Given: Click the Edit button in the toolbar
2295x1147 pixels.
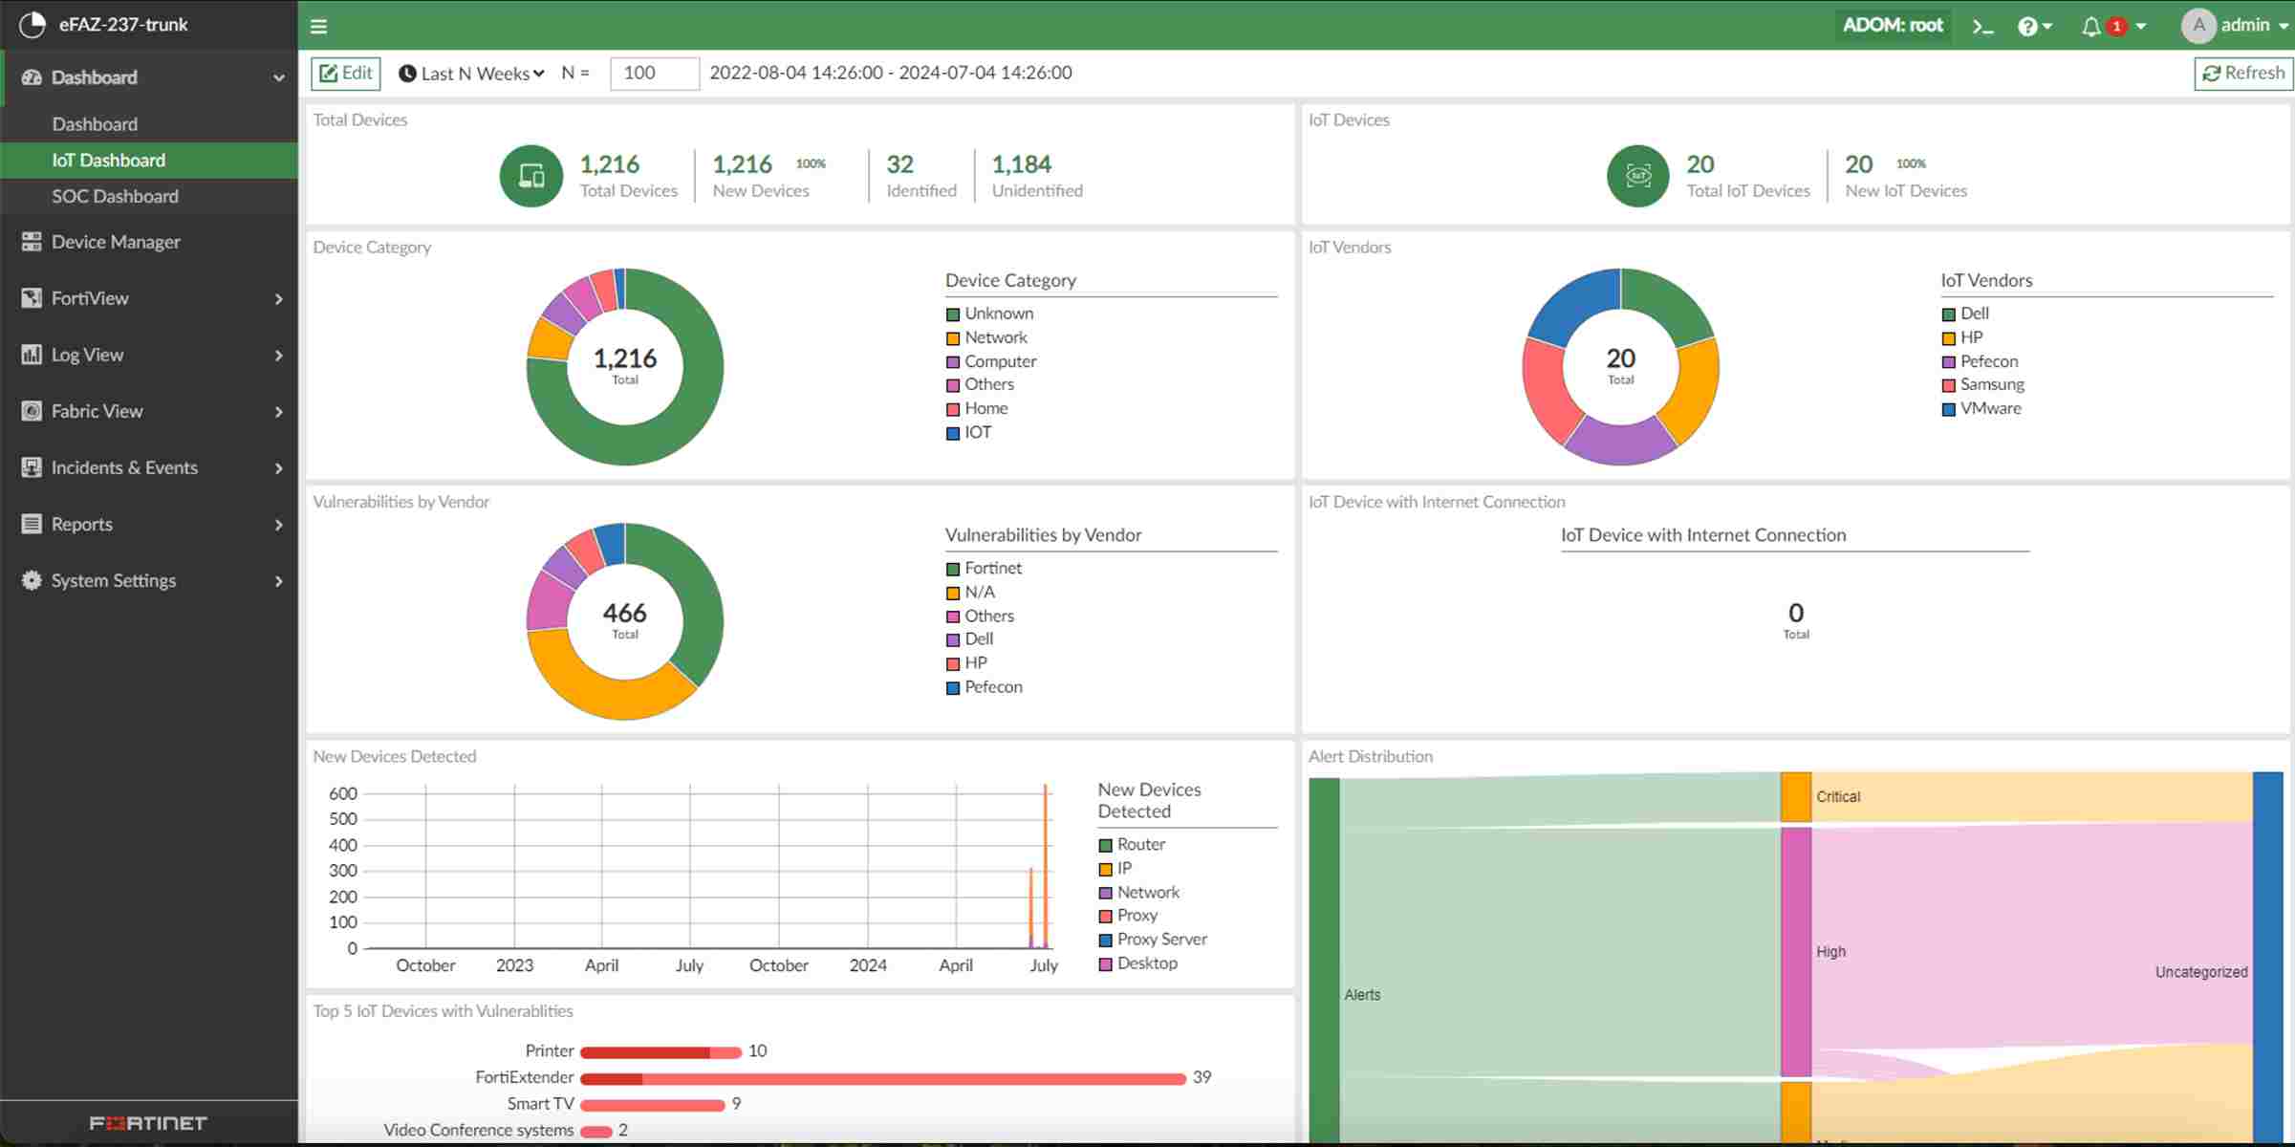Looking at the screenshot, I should click(346, 74).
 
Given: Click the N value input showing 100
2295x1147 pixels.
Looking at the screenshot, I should click(655, 74).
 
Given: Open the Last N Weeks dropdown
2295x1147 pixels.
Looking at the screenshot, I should click(473, 74).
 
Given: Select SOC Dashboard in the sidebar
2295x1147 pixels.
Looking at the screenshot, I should click(115, 196).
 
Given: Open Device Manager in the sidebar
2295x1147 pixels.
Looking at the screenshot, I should click(116, 242).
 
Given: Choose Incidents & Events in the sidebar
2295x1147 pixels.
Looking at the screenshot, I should click(124, 467).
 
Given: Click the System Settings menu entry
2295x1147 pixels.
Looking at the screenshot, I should click(114, 580).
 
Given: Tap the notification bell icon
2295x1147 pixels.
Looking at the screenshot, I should click(2090, 27).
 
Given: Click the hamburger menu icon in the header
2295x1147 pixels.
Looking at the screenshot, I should click(319, 27).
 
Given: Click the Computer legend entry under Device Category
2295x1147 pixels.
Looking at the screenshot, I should click(1000, 361).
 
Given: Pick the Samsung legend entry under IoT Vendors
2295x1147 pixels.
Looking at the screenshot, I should click(1992, 384).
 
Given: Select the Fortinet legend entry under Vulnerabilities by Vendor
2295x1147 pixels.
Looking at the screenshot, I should click(993, 568).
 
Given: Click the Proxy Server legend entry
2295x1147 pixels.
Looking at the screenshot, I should click(1161, 940).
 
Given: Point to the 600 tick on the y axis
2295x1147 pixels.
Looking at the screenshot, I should click(343, 793).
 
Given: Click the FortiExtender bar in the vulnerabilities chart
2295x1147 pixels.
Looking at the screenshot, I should click(882, 1078).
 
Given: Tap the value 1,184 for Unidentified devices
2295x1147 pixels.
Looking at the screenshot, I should click(1021, 164).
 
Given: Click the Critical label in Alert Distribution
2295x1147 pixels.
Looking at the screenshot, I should click(1838, 797).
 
